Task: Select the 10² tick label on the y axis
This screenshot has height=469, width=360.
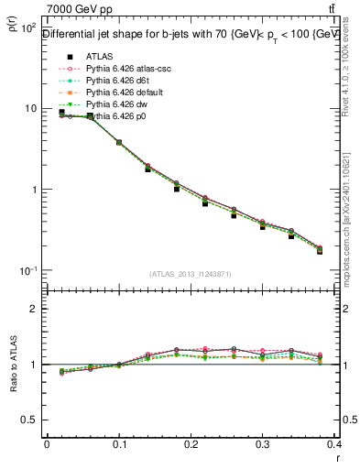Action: pyautogui.click(x=27, y=27)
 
